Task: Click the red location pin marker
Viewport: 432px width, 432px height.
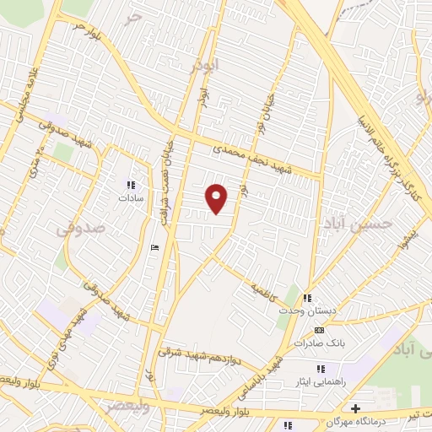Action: [x=217, y=198]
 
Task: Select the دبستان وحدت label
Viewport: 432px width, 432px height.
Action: [x=308, y=311]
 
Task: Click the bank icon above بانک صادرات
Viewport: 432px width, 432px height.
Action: [x=318, y=330]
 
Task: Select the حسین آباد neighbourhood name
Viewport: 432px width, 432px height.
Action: [x=359, y=223]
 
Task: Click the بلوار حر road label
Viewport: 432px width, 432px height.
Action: [x=88, y=32]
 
